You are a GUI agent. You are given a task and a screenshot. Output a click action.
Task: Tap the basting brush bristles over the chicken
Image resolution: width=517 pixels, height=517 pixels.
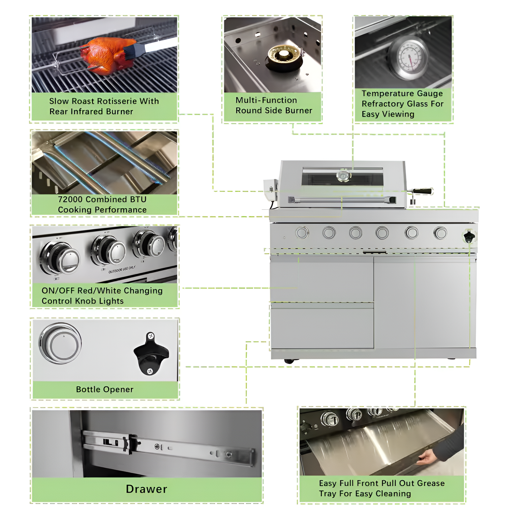click(130, 52)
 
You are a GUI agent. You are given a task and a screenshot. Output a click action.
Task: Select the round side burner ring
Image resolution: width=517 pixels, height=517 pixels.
click(284, 57)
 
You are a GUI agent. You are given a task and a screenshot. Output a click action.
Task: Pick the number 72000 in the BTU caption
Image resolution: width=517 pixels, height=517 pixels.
click(71, 200)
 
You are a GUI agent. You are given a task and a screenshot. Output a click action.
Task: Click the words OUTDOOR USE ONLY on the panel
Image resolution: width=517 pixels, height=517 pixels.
click(122, 269)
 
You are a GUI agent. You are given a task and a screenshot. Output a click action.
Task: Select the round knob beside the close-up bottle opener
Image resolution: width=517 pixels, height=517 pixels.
click(60, 343)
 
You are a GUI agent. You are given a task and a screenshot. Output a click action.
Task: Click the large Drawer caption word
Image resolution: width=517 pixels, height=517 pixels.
click(147, 489)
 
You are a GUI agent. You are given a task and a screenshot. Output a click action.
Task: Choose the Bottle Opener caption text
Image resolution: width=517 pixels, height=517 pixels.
click(104, 390)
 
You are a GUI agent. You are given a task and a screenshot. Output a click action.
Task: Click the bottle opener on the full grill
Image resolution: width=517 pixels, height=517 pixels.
click(469, 236)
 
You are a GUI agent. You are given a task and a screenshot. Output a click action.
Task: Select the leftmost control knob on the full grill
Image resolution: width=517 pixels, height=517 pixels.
click(302, 233)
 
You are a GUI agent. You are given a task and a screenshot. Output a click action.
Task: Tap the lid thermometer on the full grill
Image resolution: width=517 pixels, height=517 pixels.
click(343, 175)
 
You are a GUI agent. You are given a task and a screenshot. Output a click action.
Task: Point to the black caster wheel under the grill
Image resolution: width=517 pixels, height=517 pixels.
click(289, 361)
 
